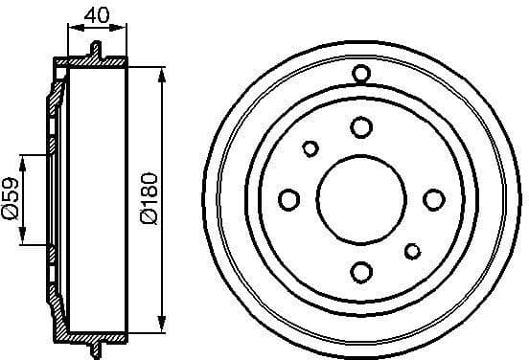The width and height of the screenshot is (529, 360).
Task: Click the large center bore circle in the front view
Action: (x=361, y=199)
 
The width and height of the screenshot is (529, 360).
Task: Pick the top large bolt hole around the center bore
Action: (x=361, y=127)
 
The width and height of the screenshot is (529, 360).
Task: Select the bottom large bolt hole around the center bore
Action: (x=361, y=272)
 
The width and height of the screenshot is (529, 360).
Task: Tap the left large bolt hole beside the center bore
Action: (x=288, y=199)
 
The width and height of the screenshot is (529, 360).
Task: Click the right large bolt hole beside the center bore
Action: (x=433, y=199)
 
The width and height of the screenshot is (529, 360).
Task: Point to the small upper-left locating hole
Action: (x=310, y=148)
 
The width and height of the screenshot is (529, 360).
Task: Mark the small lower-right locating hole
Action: (x=413, y=251)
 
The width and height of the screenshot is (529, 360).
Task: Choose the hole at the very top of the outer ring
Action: (x=361, y=74)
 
